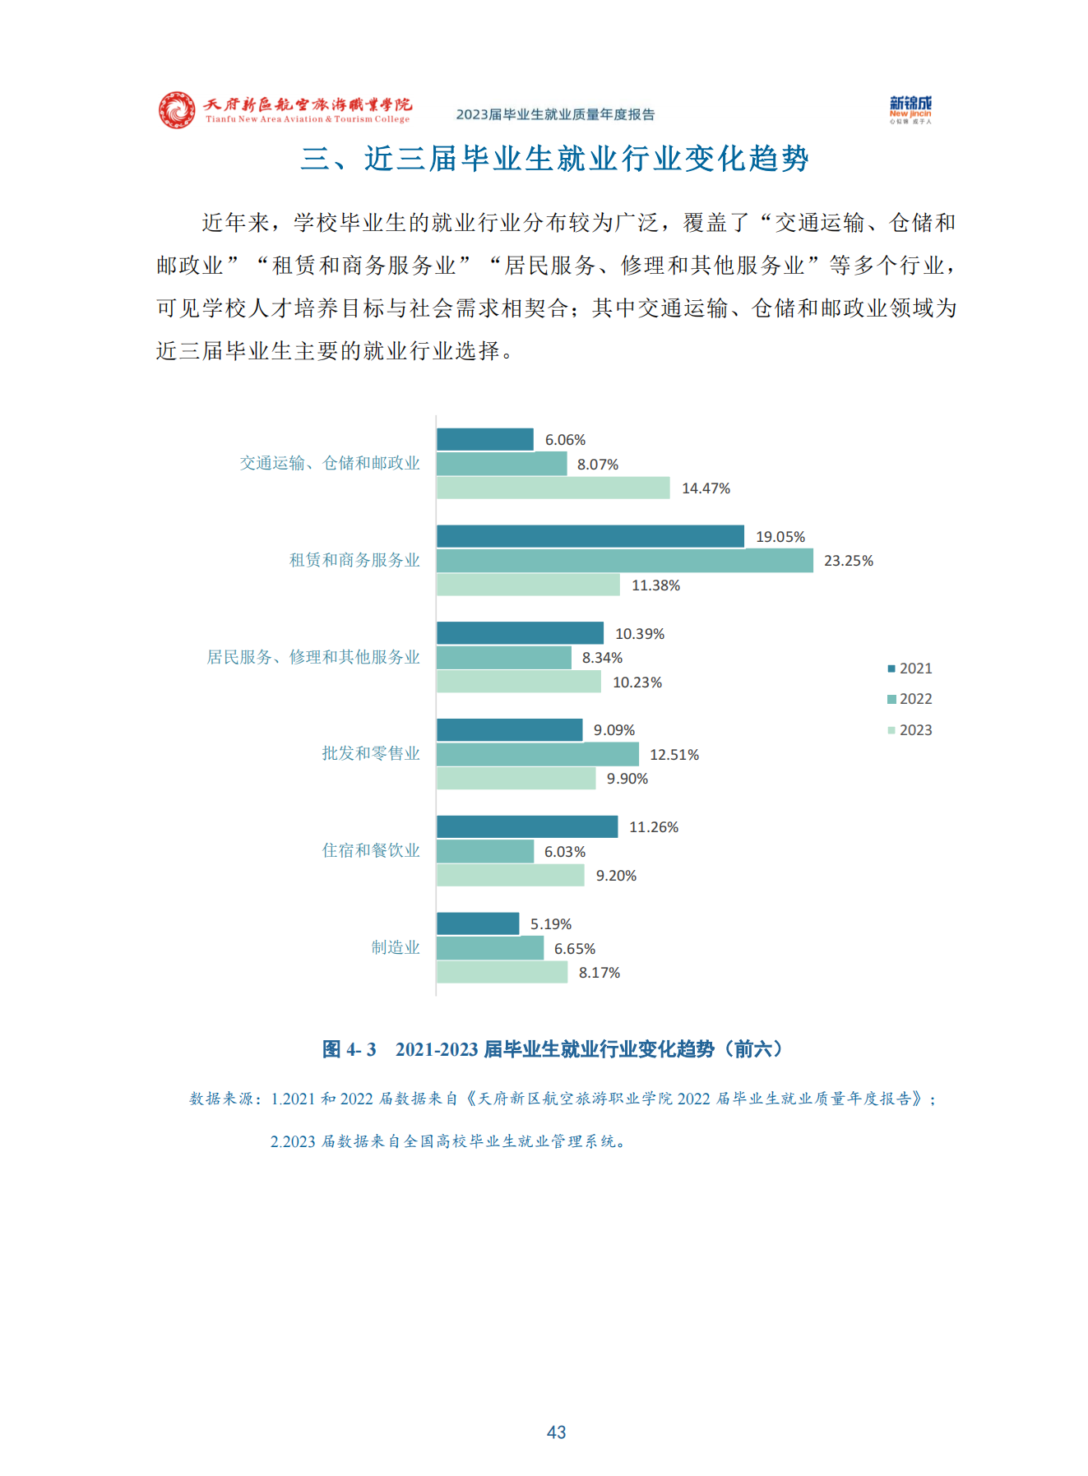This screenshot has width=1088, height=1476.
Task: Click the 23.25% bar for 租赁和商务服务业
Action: [624, 561]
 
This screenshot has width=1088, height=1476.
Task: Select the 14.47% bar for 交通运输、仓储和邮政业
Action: [553, 488]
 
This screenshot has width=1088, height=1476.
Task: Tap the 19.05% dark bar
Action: [590, 536]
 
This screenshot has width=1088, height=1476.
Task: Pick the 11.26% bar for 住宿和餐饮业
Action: [526, 826]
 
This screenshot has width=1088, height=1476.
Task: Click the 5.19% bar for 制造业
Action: [477, 923]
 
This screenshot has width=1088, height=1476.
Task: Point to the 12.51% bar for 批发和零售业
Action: [537, 754]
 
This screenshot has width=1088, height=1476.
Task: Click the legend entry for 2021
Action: [910, 669]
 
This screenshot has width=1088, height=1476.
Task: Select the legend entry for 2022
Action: [910, 699]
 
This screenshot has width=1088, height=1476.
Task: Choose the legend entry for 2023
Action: [910, 730]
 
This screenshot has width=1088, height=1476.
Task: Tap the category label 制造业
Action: [395, 947]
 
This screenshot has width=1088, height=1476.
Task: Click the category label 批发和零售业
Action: [370, 753]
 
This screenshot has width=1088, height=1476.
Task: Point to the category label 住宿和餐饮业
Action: [370, 850]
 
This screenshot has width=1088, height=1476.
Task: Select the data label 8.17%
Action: [600, 973]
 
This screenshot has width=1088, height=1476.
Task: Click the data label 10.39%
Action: [640, 634]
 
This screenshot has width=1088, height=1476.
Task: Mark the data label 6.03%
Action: [565, 852]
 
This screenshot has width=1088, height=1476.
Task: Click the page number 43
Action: [556, 1432]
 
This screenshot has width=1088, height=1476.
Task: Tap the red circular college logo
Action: [177, 110]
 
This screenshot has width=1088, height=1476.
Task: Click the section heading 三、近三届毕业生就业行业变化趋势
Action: [554, 159]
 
